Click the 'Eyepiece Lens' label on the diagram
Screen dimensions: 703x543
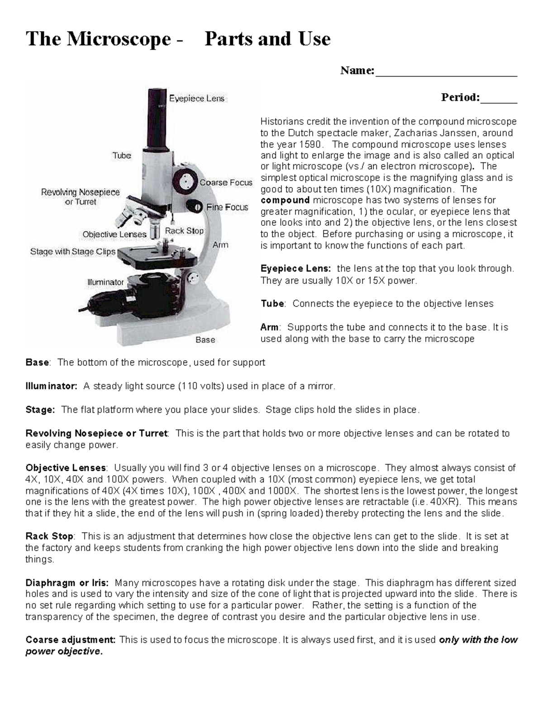196,98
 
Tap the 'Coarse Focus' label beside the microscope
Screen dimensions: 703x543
226,182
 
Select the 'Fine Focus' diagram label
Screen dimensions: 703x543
227,207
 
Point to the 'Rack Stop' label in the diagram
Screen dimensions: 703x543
184,231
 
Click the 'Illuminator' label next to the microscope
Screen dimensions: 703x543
105,282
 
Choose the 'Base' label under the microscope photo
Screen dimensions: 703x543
205,340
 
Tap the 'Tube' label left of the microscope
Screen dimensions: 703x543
122,156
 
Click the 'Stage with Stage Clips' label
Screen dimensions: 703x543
73,252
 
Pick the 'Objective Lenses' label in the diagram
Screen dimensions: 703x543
114,234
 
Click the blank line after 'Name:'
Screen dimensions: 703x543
446,72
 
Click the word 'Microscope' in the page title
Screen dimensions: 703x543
119,39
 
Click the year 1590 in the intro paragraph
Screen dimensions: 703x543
309,144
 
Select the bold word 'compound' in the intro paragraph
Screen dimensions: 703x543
285,200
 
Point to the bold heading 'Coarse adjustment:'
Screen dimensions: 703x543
71,640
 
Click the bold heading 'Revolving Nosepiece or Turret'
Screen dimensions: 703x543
96,433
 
